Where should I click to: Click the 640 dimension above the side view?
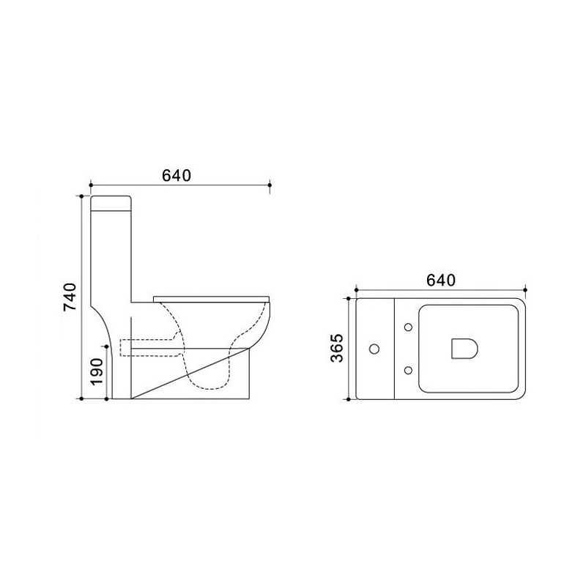tap(177, 175)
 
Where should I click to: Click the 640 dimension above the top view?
tap(441, 281)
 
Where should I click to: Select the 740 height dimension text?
tap(70, 297)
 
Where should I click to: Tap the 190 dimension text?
tap(97, 372)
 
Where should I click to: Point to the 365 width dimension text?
tap(337, 349)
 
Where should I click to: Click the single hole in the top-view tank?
tap(374, 349)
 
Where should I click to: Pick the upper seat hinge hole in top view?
tap(408, 327)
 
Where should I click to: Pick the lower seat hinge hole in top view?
tap(408, 371)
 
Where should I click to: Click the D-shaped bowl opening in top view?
tap(464, 349)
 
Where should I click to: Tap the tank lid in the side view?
tap(111, 204)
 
